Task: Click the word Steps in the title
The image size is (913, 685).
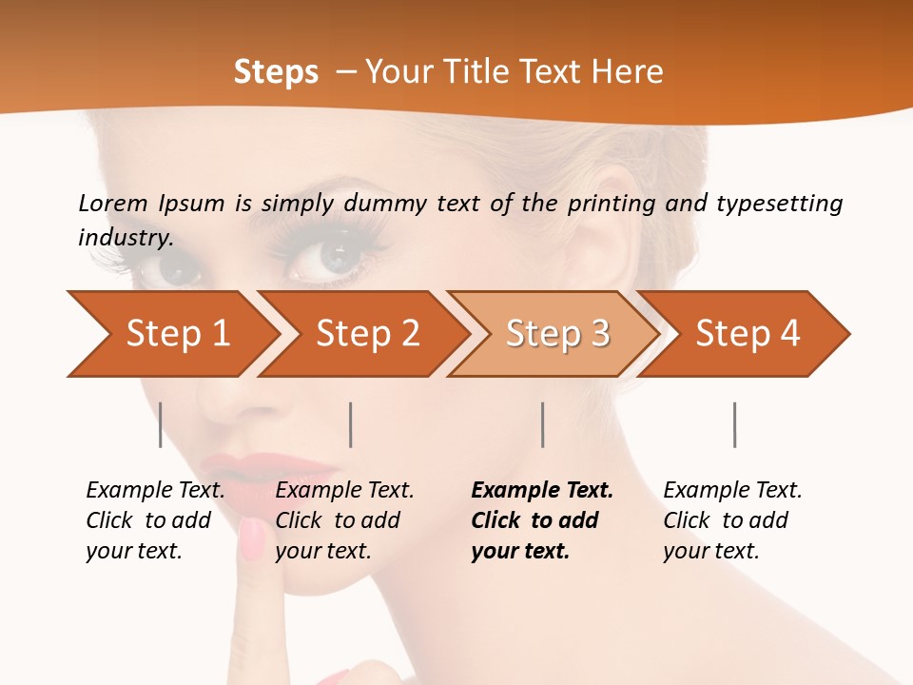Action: pyautogui.click(x=276, y=72)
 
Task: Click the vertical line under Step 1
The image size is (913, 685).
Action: pyautogui.click(x=161, y=424)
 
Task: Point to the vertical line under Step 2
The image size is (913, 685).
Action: pyautogui.click(x=351, y=424)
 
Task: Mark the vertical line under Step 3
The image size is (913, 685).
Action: pyautogui.click(x=543, y=424)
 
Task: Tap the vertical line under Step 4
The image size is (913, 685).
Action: pyautogui.click(x=734, y=424)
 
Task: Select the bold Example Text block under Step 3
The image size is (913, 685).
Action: pyautogui.click(x=542, y=520)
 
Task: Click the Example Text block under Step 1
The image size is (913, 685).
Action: pyautogui.click(x=155, y=520)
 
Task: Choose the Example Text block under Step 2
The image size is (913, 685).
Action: pyautogui.click(x=344, y=520)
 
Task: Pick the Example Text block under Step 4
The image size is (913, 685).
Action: pyautogui.click(x=732, y=520)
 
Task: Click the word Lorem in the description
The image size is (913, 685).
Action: pyautogui.click(x=113, y=203)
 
